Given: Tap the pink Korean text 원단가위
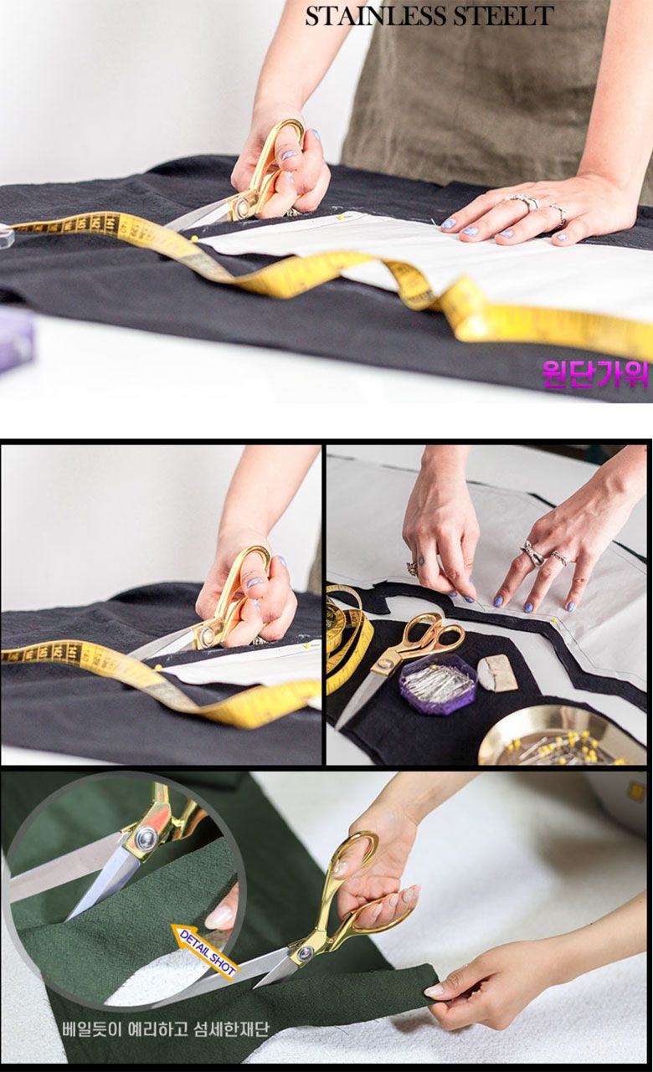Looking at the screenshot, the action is click(x=595, y=374).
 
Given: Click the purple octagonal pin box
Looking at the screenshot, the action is click(x=438, y=684).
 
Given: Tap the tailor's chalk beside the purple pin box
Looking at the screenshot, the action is click(x=498, y=672).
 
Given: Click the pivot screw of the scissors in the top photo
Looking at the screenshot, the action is click(x=242, y=206).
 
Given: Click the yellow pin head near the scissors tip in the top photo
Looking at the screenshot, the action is click(x=195, y=239).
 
